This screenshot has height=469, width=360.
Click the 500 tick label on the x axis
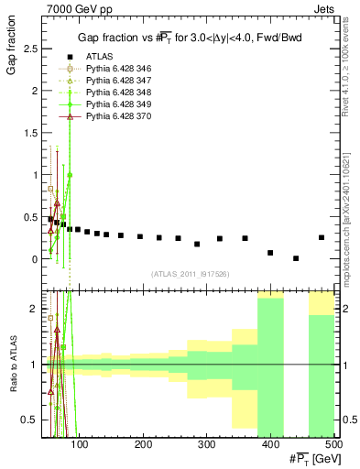[333, 445]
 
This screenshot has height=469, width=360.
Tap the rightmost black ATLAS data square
[322, 237]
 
